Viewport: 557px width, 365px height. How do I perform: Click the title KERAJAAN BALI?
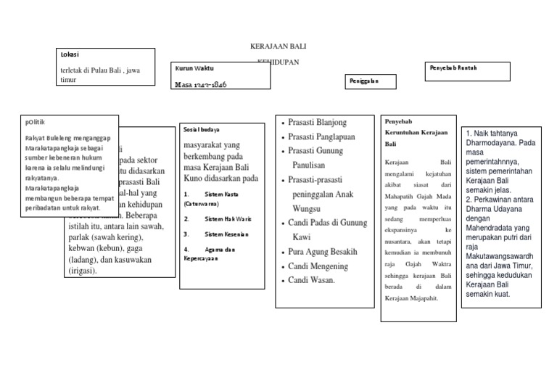(278, 46)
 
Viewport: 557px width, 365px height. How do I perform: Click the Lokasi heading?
(70, 54)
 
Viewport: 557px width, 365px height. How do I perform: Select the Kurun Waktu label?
(194, 68)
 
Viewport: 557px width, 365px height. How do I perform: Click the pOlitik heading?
(36, 122)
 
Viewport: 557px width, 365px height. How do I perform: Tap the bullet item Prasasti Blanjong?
(317, 122)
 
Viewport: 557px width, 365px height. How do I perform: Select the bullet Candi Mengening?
(318, 266)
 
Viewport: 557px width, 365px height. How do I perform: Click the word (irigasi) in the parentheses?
(83, 271)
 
